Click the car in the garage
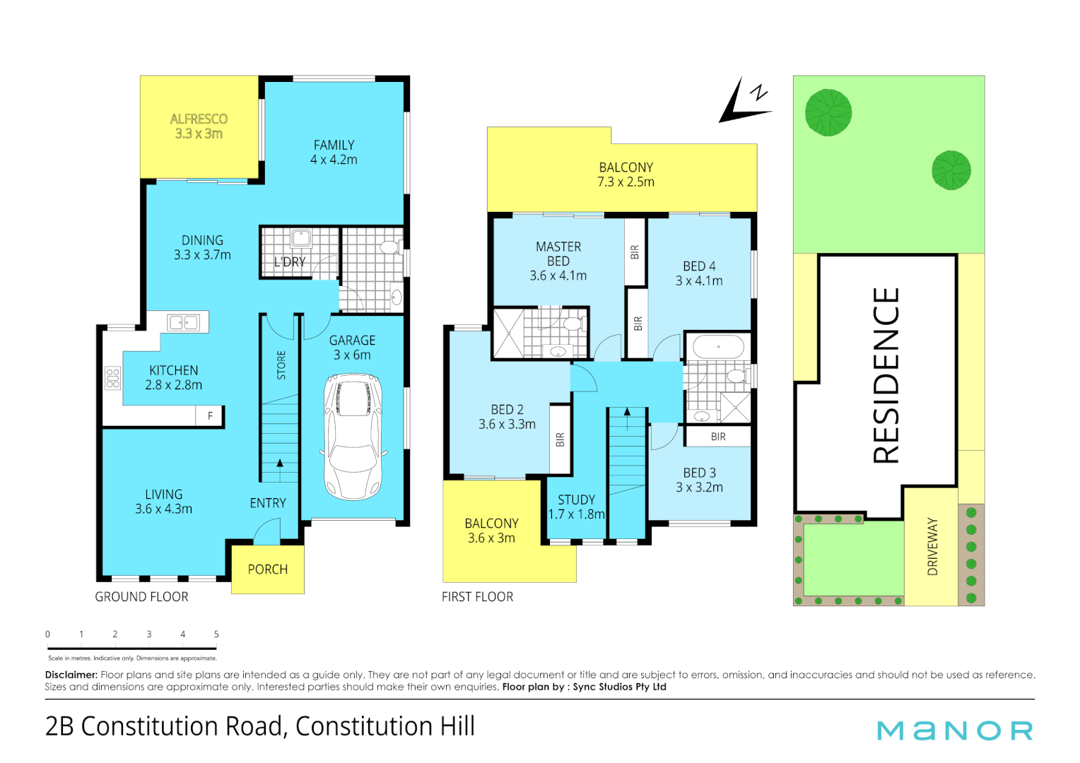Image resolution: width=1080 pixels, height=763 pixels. (x=353, y=437)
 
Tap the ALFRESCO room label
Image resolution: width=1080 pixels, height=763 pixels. (x=199, y=119)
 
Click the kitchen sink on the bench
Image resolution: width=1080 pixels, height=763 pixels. (x=184, y=323)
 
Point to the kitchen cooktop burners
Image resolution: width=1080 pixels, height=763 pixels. (x=112, y=379)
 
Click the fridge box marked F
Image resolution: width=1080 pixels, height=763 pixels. (x=210, y=416)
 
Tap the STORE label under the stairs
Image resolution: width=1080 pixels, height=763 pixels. (x=281, y=365)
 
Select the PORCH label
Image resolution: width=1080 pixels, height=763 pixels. (x=267, y=569)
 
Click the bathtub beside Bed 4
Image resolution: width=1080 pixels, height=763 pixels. (x=718, y=347)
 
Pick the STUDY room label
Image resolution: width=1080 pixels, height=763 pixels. (x=576, y=499)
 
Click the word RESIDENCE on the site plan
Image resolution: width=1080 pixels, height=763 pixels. (x=886, y=375)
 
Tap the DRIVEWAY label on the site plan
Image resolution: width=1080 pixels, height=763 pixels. (x=932, y=546)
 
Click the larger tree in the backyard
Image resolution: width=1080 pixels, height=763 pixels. (x=828, y=112)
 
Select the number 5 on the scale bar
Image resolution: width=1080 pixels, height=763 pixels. (x=216, y=634)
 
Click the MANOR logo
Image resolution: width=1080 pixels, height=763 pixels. (x=955, y=731)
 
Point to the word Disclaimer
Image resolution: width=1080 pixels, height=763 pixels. (x=71, y=675)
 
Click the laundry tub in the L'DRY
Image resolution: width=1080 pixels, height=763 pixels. (x=302, y=239)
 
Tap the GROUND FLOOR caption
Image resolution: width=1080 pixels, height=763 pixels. (x=141, y=597)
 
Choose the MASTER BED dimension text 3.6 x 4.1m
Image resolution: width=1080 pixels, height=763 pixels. (x=558, y=276)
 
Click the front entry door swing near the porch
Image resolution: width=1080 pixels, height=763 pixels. (x=266, y=532)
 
